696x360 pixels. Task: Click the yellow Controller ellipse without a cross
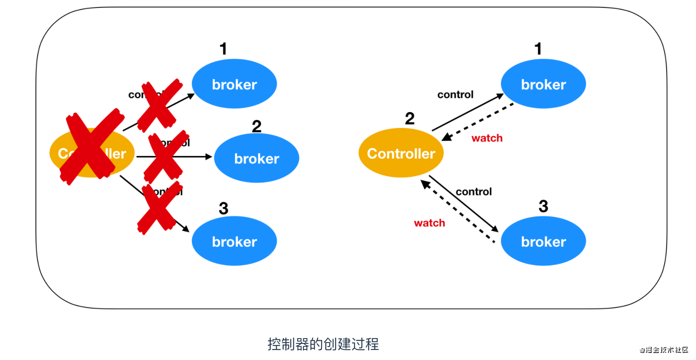pos(401,153)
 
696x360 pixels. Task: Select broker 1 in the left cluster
pos(234,84)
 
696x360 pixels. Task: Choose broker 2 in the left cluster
pos(257,158)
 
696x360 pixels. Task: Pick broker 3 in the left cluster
pos(234,241)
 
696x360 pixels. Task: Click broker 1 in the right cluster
pos(543,84)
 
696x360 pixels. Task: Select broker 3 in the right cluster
pos(543,241)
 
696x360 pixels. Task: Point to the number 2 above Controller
pos(410,118)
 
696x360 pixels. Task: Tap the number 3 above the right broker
pos(543,206)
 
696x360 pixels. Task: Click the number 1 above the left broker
pos(223,49)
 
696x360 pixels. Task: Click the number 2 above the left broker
pos(257,127)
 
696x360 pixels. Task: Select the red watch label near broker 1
pos(487,138)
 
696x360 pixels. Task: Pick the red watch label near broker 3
pos(429,223)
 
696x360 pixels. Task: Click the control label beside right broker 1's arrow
pos(455,95)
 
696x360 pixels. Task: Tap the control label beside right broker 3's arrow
pos(474,192)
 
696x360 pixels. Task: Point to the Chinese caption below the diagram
pos(323,344)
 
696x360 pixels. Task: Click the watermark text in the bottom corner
pos(664,350)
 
